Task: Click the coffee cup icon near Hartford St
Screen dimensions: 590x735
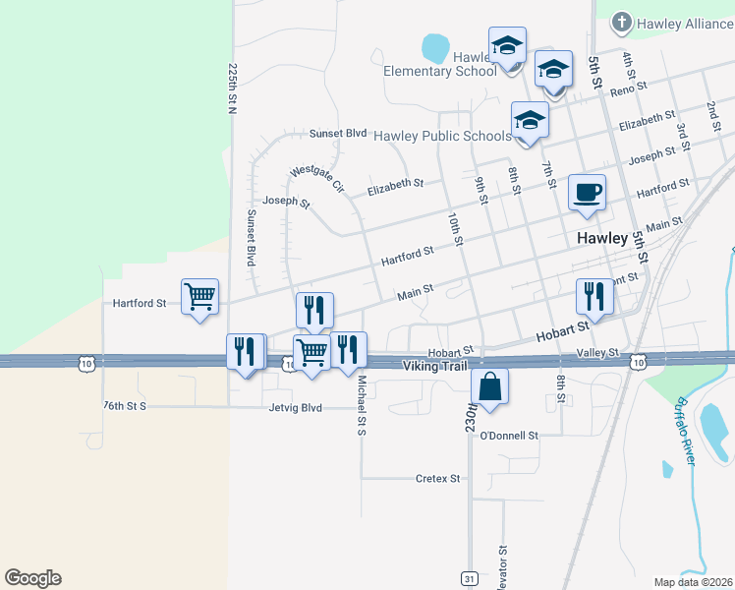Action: tap(588, 193)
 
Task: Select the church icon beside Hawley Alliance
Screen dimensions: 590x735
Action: tap(621, 22)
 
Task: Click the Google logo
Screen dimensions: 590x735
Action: tap(32, 578)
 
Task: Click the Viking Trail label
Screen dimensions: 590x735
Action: tap(433, 366)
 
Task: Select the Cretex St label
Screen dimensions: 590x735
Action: tap(437, 479)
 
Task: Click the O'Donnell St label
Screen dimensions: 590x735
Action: tap(509, 435)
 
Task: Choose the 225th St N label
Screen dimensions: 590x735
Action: tap(233, 89)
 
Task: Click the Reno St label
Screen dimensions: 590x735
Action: tap(629, 89)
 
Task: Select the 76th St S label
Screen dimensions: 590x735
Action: tap(124, 405)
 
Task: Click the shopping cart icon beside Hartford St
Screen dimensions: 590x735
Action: tap(200, 295)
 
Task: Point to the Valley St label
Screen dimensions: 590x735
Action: tap(597, 352)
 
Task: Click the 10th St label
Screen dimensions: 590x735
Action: tap(454, 228)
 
